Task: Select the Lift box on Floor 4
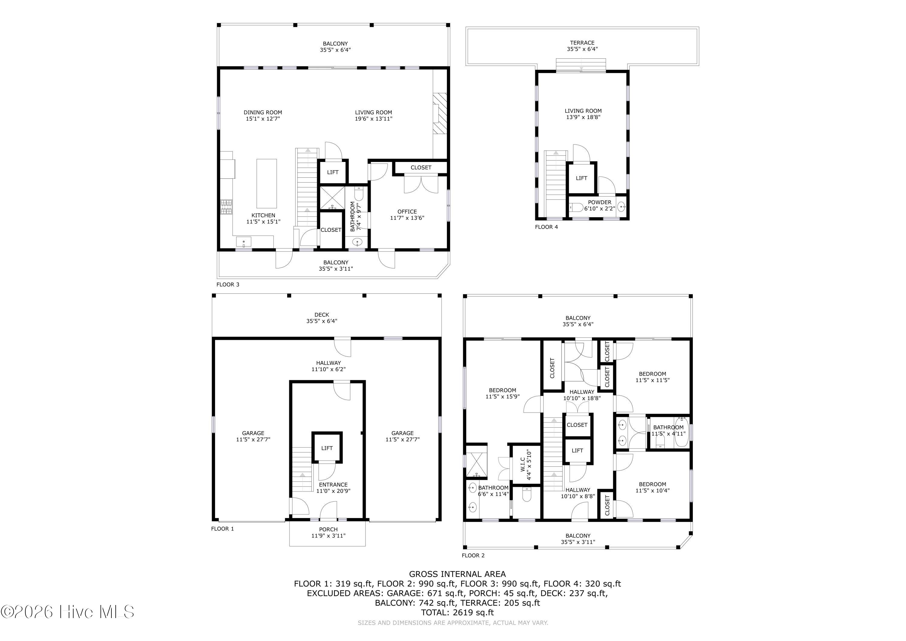(582, 178)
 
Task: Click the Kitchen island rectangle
(267, 183)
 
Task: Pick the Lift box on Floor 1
(327, 448)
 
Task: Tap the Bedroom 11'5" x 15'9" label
(502, 393)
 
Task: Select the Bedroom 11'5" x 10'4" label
(652, 487)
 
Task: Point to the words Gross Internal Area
(457, 574)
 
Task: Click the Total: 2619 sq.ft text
(457, 613)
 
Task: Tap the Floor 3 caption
(228, 284)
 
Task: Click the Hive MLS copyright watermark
(67, 612)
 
